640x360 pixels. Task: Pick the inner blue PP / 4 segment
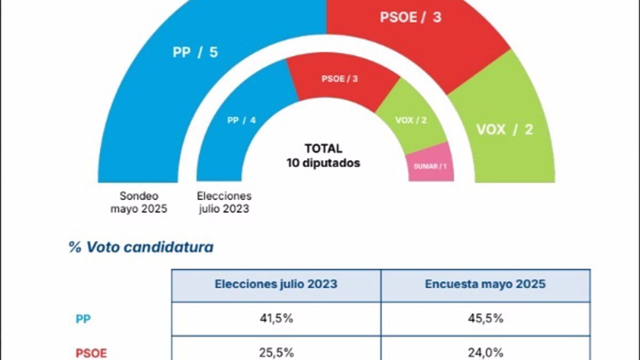tap(241, 121)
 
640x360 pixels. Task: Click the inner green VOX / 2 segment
tap(411, 120)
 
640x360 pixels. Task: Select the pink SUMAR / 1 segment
tap(430, 165)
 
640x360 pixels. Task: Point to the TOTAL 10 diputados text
tap(323, 156)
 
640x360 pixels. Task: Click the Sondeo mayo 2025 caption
tap(139, 203)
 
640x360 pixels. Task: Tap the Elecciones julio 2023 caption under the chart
tap(223, 203)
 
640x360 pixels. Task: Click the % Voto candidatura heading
tap(141, 247)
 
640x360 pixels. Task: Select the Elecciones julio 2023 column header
tap(276, 284)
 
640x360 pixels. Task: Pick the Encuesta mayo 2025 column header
tap(485, 284)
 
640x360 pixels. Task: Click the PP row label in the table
tap(83, 319)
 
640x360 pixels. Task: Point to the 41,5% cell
tap(276, 319)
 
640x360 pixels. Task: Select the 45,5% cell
tap(485, 319)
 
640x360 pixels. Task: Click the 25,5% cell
tap(276, 353)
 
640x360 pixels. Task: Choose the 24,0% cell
tap(485, 353)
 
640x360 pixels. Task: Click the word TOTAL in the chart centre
tap(323, 149)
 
